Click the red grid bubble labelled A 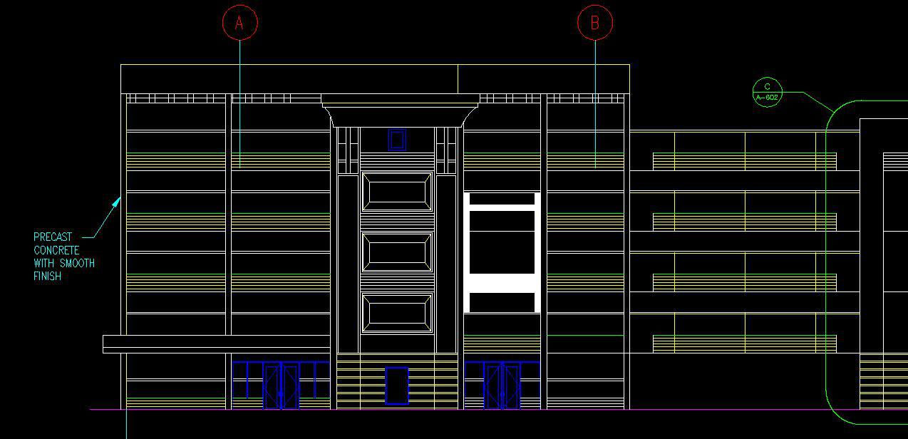(239, 23)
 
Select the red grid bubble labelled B (594, 23)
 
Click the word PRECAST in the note (53, 237)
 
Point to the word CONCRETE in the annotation (56, 250)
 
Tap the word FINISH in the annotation (47, 276)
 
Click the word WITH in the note (44, 263)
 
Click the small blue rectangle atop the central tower (397, 139)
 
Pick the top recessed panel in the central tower (397, 191)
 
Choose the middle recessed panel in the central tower (397, 252)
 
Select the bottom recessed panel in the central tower (397, 312)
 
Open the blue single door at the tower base (397, 386)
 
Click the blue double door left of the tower (281, 386)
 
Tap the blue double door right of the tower (502, 386)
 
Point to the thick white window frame (502, 252)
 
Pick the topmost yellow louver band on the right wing (744, 161)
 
